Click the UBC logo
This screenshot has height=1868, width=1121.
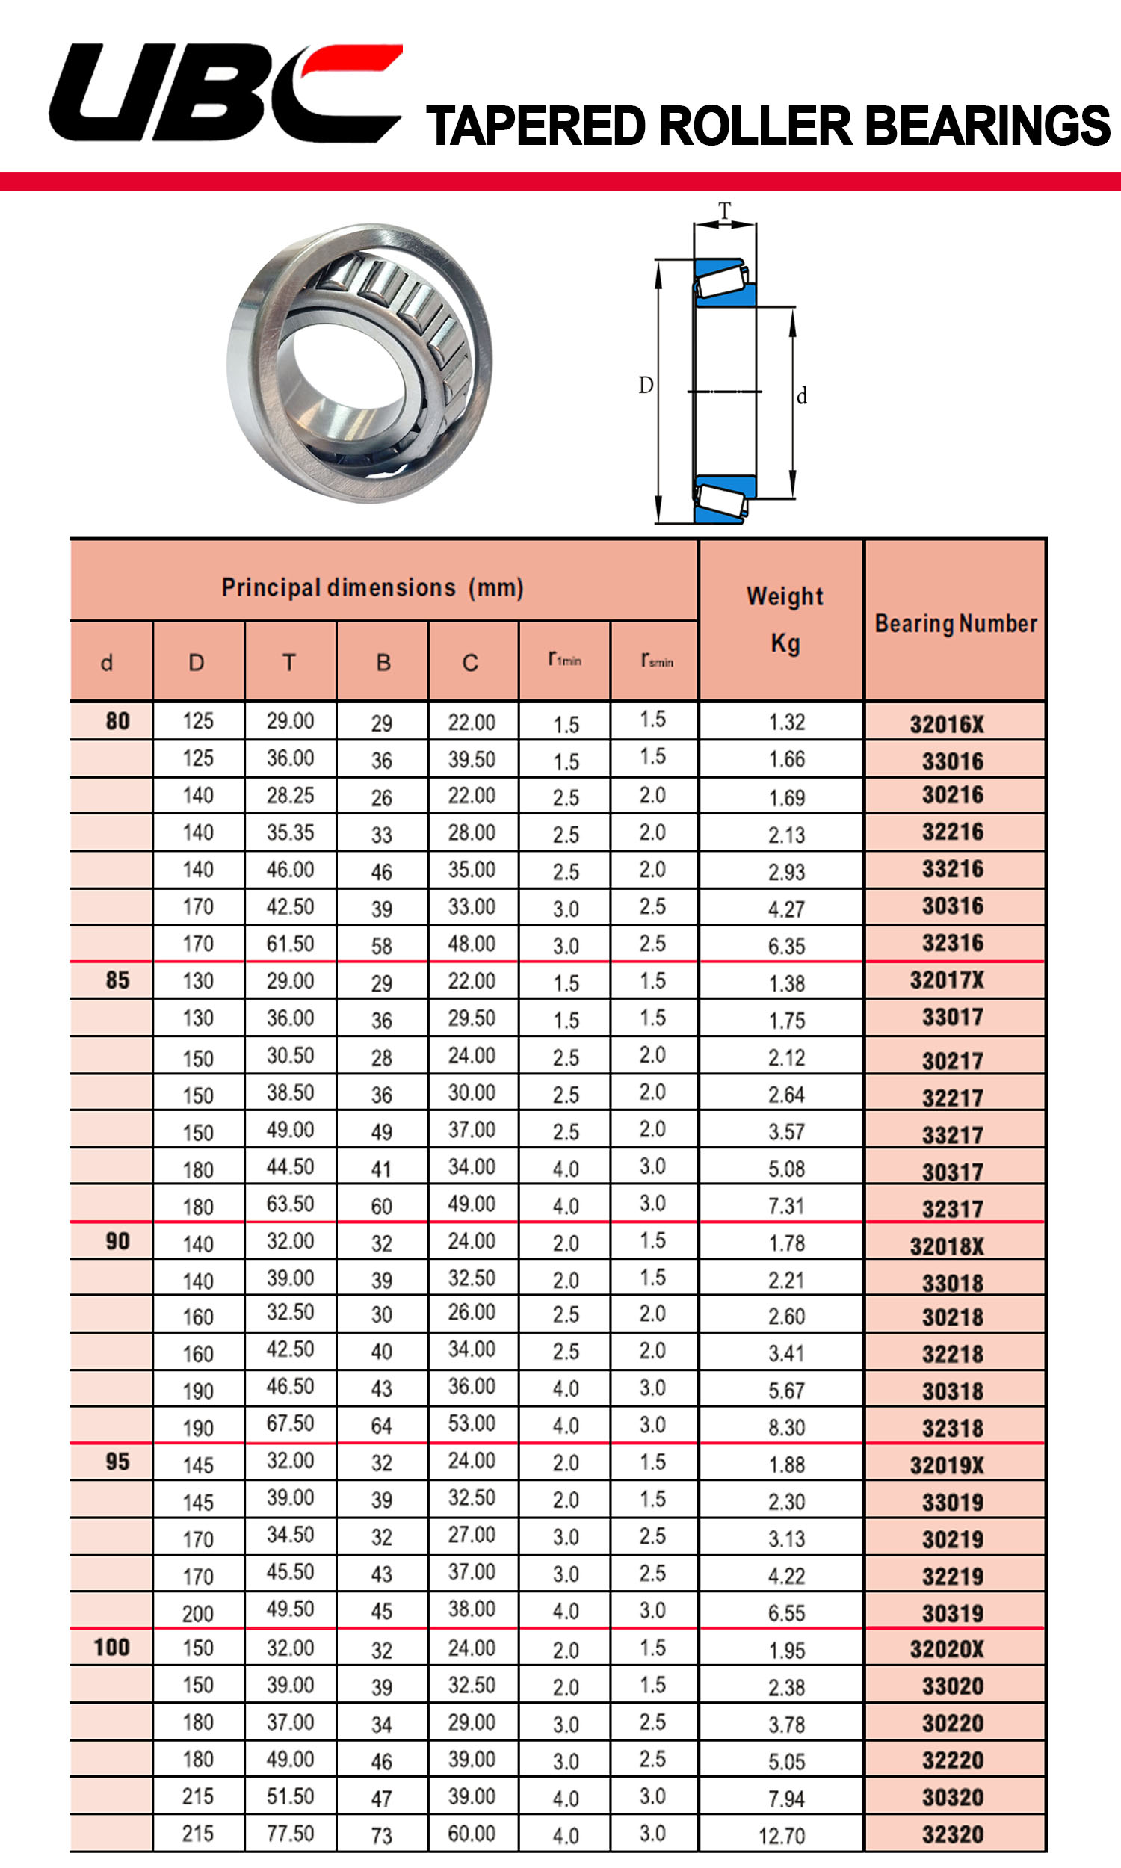225,92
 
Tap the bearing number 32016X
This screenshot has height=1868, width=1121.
947,724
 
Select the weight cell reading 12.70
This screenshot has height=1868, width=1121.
782,1835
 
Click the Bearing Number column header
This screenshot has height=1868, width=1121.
956,624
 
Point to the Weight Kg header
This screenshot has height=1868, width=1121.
785,619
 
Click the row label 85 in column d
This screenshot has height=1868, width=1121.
117,980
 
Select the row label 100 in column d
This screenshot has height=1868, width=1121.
112,1647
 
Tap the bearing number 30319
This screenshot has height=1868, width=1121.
953,1613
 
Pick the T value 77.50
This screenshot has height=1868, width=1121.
290,1833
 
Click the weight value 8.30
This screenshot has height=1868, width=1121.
786,1427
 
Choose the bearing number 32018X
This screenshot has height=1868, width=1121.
947,1246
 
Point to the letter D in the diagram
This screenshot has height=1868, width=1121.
646,386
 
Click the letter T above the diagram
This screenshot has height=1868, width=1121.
724,211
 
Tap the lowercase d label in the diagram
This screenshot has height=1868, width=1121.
801,396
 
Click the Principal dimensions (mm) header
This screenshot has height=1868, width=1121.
372,587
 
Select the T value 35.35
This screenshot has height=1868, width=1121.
290,832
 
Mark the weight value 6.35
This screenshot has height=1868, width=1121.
786,946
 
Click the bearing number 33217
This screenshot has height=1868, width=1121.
953,1135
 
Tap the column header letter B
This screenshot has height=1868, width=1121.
383,663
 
